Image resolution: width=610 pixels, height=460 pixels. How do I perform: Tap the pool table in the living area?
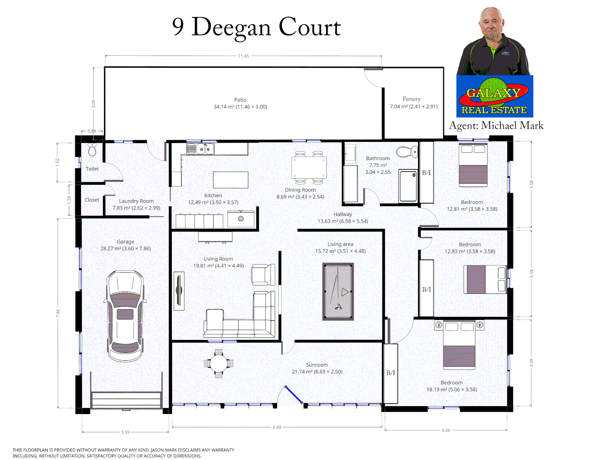pyautogui.click(x=338, y=291)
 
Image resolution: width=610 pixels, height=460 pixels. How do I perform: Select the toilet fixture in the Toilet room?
pyautogui.click(x=92, y=149)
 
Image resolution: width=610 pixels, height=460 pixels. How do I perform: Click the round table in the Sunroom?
pyautogui.click(x=219, y=364)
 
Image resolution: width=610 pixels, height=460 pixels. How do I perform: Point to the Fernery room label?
pyautogui.click(x=411, y=99)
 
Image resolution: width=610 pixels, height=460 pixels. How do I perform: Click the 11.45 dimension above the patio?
pyautogui.click(x=243, y=56)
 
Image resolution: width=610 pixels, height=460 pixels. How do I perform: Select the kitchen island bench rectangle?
pyautogui.click(x=231, y=180)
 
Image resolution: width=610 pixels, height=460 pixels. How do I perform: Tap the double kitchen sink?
pyautogui.click(x=200, y=149)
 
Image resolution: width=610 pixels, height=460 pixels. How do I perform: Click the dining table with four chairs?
pyautogui.click(x=309, y=167)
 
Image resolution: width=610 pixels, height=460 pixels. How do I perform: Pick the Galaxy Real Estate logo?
pyautogui.click(x=494, y=97)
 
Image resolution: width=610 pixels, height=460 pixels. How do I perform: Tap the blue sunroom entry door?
pyautogui.click(x=294, y=394)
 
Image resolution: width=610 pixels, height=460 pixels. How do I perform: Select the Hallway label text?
pyautogui.click(x=343, y=214)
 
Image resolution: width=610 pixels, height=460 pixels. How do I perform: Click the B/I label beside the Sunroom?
pyautogui.click(x=390, y=373)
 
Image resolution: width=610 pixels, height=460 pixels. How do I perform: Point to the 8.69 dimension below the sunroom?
pyautogui.click(x=277, y=427)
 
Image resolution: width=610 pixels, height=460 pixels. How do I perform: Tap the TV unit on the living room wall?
pyautogui.click(x=179, y=291)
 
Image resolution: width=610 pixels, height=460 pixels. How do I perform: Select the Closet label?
pyautogui.click(x=92, y=200)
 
